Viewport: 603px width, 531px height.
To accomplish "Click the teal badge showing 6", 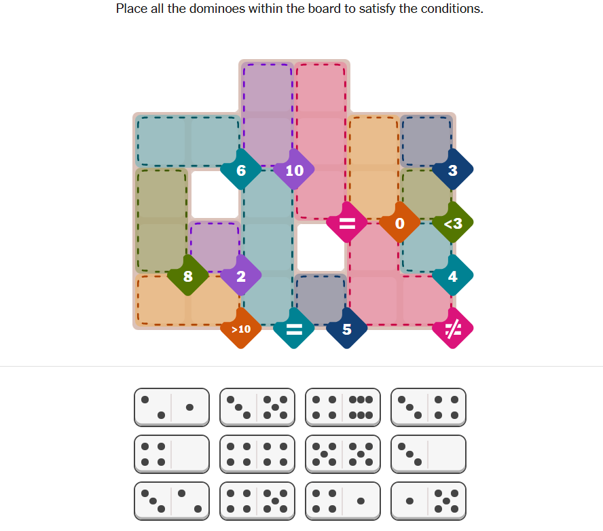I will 241,170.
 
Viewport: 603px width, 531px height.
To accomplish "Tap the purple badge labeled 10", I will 294,170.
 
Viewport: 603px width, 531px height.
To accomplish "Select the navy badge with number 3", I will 453,170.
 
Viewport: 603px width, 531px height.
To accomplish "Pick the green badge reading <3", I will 453,223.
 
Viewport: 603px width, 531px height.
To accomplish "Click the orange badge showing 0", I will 400,223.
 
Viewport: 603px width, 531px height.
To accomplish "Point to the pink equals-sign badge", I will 347,223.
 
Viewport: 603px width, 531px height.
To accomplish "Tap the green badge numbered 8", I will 188,276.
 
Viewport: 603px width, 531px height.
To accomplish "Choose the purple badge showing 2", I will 241,276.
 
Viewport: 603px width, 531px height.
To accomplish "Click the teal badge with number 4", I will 453,276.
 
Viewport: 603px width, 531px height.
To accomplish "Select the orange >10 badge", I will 241,329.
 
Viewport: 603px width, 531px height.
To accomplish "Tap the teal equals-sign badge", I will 294,329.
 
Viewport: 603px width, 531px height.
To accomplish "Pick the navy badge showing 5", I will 347,329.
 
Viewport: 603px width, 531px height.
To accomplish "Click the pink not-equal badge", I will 453,329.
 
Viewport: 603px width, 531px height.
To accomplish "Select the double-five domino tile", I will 343,454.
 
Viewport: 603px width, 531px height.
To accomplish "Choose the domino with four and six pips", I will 343,407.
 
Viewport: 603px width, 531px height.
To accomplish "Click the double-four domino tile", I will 257,454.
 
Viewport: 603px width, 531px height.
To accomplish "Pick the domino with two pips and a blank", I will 428,454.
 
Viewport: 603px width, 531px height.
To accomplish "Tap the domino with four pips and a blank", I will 172,454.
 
